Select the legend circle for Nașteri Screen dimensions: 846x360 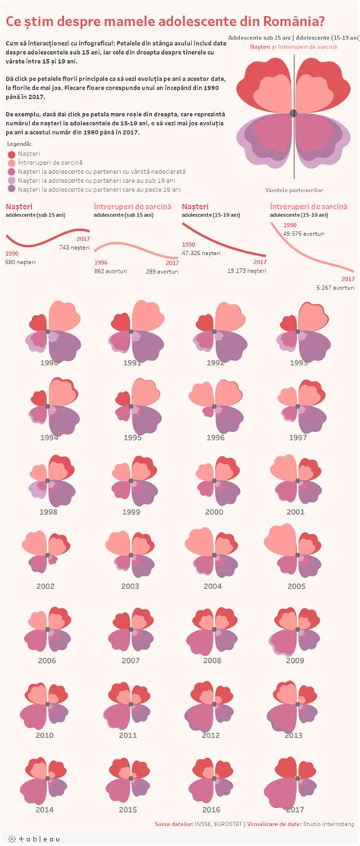pos(11,153)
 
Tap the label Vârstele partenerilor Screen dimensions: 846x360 pos(293,190)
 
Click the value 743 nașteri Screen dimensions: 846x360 pos(74,248)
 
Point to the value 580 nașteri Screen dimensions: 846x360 pos(21,262)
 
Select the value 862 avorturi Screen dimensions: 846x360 pos(110,270)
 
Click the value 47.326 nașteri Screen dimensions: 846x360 pos(201,252)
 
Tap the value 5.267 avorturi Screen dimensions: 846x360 pos(335,288)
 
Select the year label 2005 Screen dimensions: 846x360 pos(296,586)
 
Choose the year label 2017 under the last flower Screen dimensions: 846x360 pos(296,810)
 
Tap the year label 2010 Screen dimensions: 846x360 pos(44,735)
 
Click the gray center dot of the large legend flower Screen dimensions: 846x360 pos(294,113)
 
